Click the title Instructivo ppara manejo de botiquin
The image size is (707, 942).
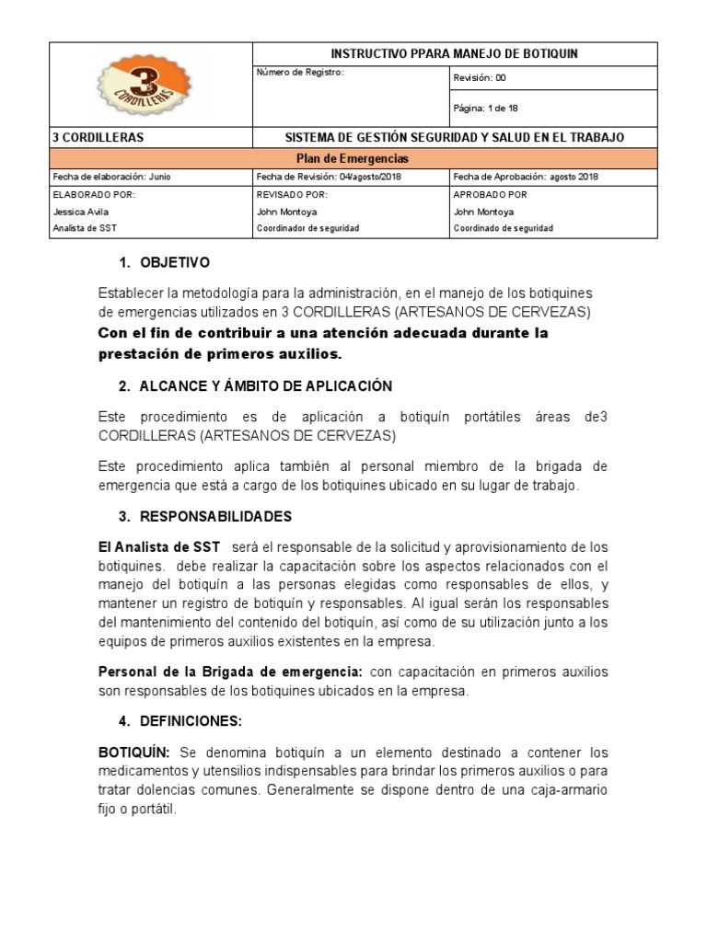(455, 54)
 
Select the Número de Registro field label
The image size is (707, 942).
(300, 73)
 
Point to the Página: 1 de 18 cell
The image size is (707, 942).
(486, 108)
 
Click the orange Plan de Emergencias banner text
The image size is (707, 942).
(353, 158)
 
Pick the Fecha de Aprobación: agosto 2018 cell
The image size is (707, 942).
(526, 177)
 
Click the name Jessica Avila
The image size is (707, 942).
(82, 212)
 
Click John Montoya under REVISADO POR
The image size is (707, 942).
(286, 212)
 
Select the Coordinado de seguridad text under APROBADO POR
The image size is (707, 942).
(504, 228)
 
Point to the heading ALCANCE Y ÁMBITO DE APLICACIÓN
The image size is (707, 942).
(266, 385)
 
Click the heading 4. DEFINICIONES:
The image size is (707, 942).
(189, 721)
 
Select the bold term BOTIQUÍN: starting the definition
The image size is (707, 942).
(134, 752)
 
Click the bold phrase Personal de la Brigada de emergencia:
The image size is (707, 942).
(230, 672)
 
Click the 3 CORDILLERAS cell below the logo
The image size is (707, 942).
(99, 137)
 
